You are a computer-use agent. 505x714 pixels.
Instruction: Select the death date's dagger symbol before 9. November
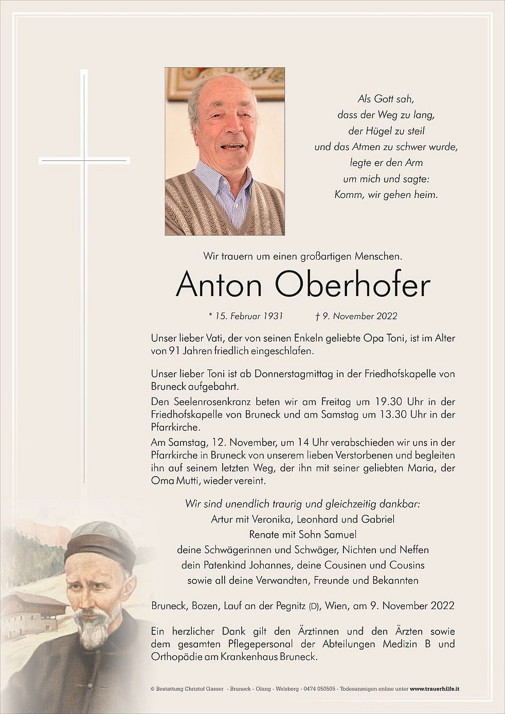tap(318, 316)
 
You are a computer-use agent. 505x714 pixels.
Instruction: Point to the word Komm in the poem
tap(348, 195)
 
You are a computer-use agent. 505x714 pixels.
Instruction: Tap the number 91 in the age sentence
tap(175, 352)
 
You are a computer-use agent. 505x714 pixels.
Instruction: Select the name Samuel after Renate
tap(338, 535)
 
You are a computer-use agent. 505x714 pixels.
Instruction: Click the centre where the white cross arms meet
tap(84, 161)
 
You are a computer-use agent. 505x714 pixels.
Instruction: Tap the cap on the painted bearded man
tap(101, 543)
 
